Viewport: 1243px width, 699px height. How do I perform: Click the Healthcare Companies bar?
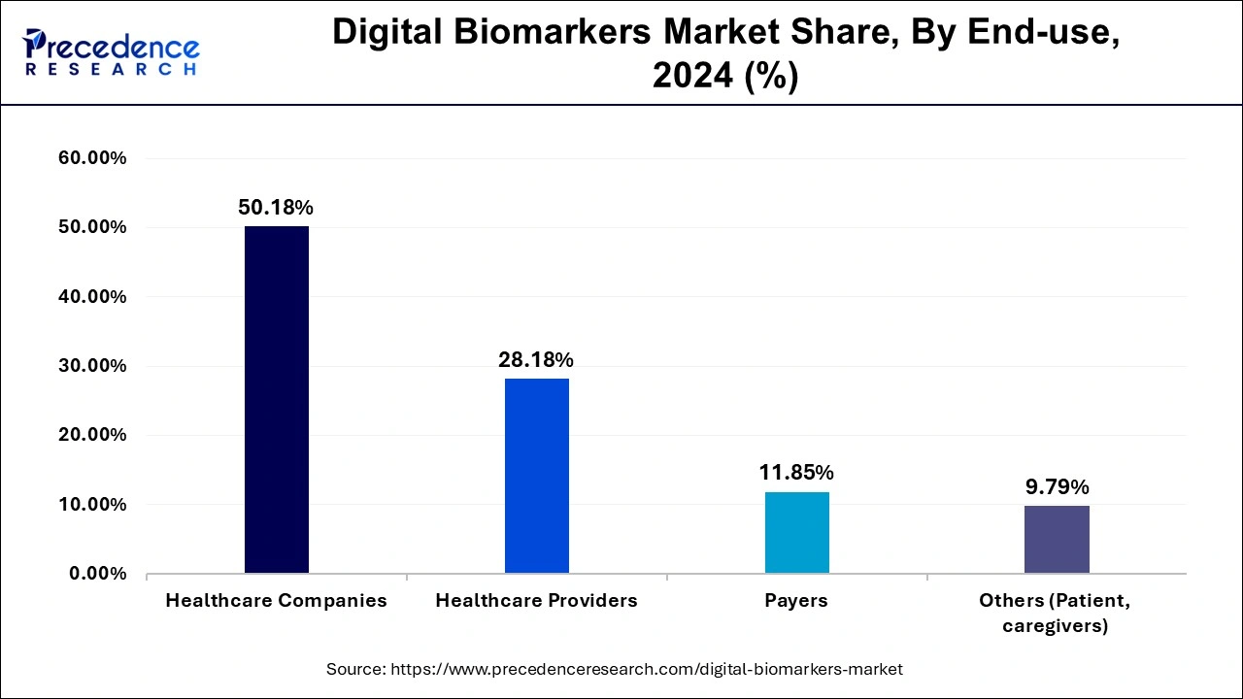277,399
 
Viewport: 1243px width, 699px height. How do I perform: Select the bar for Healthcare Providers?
537,476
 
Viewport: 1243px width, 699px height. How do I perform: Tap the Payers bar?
797,532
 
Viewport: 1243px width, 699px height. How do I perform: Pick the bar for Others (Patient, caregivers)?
1057,539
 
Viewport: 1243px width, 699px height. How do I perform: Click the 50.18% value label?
276,208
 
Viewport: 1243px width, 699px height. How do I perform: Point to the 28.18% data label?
536,360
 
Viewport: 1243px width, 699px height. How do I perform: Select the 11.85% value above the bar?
796,473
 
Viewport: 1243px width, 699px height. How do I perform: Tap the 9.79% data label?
1058,487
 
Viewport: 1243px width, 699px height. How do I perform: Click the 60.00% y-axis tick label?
93,158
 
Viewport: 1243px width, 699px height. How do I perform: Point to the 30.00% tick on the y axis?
93,366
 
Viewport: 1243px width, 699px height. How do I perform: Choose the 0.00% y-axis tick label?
98,574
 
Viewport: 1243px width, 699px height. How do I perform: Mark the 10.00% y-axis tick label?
93,505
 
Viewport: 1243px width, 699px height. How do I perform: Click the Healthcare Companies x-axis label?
276,601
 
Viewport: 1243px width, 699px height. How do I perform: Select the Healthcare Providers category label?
536,601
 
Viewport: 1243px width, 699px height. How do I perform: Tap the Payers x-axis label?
796,601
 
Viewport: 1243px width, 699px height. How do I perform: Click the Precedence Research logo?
111,52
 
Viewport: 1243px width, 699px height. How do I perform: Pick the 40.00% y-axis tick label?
93,297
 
